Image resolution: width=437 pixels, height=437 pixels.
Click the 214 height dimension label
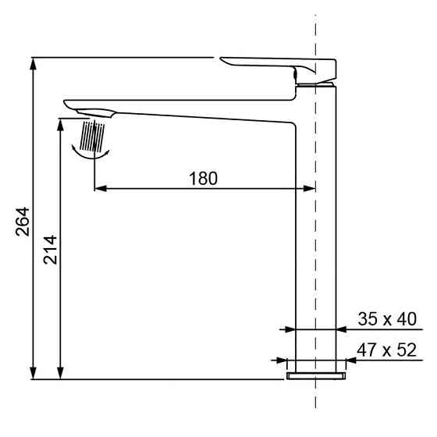tap(49, 248)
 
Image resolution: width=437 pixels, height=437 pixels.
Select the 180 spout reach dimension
tap(203, 177)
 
